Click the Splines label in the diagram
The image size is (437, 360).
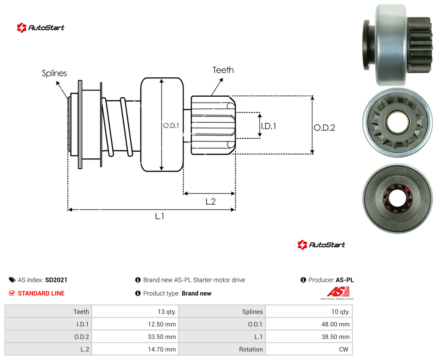pos(54,73)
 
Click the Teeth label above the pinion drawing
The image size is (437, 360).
pos(223,70)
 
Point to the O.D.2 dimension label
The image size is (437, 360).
pos(325,128)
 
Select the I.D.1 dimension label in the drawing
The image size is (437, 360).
pos(269,126)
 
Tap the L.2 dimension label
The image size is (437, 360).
pos(210,201)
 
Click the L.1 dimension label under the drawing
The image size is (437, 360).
pos(160,216)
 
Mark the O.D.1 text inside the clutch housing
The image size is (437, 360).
pos(171,126)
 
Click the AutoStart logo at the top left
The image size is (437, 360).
pos(41,28)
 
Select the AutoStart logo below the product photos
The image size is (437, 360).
pos(321,244)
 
